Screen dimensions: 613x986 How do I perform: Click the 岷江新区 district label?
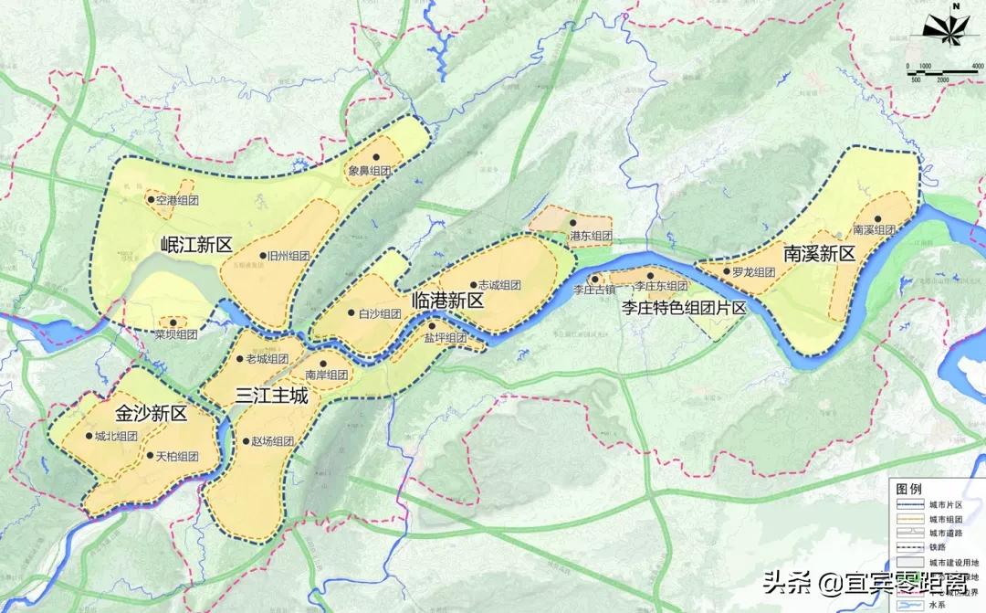pos(196,244)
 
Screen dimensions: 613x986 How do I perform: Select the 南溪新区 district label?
pos(818,253)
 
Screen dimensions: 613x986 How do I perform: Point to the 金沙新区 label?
pos(151,413)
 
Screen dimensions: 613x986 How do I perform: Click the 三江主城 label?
pos(271,396)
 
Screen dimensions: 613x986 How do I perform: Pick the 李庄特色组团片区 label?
pos(684,308)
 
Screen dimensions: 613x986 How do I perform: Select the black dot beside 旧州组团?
pos(262,257)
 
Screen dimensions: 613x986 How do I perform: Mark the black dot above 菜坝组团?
pos(173,322)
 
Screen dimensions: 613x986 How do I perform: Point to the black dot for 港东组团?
pos(572,222)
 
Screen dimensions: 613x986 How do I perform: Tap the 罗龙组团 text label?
pos(753,272)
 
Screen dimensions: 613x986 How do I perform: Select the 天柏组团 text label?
pos(177,457)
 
